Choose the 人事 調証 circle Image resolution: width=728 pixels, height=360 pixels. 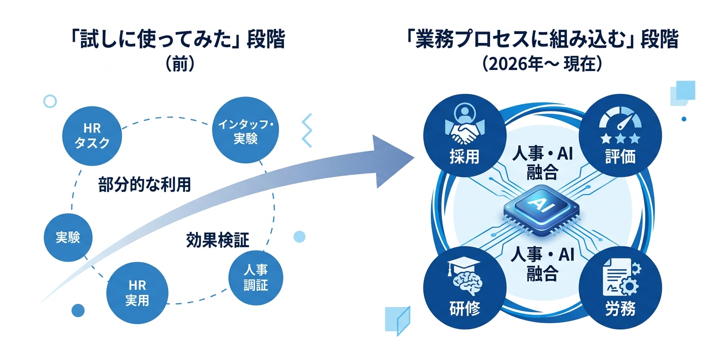[x=255, y=278]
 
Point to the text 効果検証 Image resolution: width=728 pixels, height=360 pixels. [x=217, y=240]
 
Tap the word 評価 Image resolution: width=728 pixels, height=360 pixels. [x=620, y=157]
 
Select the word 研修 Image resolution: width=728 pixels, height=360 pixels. [x=464, y=309]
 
